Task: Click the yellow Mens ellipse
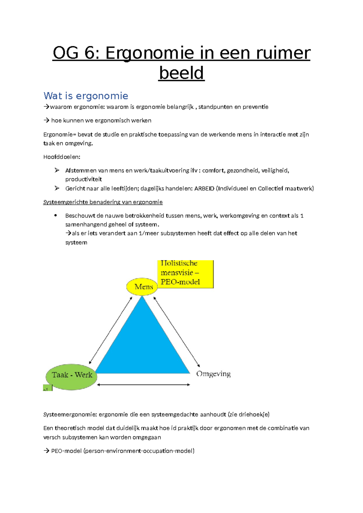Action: click(x=142, y=287)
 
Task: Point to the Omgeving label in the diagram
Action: click(x=213, y=374)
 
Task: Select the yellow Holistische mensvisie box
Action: click(x=185, y=273)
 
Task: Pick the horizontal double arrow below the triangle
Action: click(x=143, y=385)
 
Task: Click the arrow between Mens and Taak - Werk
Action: click(x=111, y=330)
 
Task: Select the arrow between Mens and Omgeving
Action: click(x=177, y=332)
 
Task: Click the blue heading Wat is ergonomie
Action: click(x=86, y=96)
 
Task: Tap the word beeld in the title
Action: click(x=181, y=73)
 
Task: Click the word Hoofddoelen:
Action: click(x=62, y=157)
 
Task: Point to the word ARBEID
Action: click(x=204, y=188)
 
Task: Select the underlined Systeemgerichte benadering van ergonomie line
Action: click(x=103, y=202)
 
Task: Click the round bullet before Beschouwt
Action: click(x=55, y=216)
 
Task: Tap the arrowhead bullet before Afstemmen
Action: click(x=57, y=170)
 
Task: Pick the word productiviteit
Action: click(x=83, y=179)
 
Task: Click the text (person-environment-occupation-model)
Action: click(x=139, y=451)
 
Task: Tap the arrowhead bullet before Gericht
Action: click(x=57, y=188)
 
